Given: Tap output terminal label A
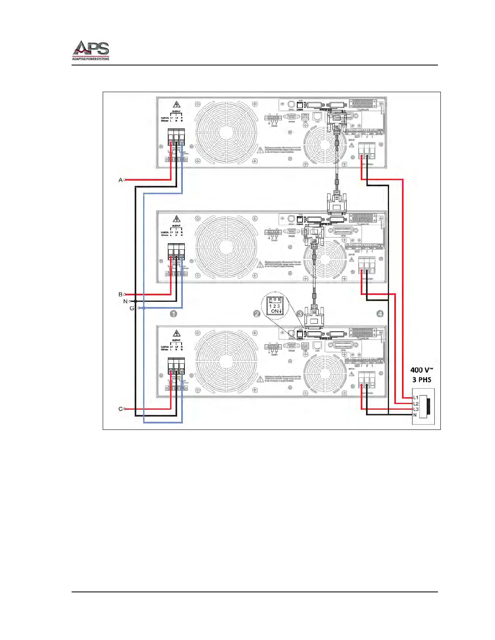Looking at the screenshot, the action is (120, 180).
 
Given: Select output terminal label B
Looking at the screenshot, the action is (120, 295).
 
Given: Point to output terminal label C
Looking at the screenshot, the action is (120, 409).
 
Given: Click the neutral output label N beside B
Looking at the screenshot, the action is (125, 301).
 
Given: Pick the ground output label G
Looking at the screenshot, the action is (132, 308).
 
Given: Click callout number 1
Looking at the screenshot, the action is (173, 314).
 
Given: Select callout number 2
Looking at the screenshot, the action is (256, 314).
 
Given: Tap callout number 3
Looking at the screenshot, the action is (300, 314).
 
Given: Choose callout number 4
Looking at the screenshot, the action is (380, 314).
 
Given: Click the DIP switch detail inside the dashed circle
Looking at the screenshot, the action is (275, 306).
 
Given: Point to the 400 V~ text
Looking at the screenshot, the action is (422, 370).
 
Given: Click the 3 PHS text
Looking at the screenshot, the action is (422, 380).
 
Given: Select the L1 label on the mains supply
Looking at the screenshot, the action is (416, 398).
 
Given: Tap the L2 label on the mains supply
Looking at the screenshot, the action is (416, 404).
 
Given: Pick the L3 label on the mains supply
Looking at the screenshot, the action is (416, 409).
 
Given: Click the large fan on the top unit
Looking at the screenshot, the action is (225, 132).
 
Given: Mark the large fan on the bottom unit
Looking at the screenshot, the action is (225, 361).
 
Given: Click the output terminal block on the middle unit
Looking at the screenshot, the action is (176, 253).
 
